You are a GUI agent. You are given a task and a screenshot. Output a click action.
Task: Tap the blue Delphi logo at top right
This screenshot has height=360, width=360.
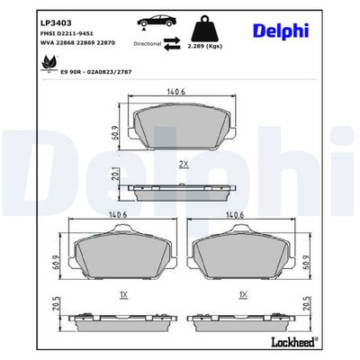pos(281,31)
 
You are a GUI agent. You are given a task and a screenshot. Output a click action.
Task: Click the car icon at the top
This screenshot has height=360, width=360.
pos(157,22)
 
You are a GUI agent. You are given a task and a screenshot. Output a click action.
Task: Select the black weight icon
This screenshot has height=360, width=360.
pos(205,28)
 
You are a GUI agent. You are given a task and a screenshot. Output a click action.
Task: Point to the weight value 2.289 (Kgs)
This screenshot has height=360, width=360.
pos(205,47)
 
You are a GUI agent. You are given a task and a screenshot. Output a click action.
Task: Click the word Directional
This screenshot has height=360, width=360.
pos(148,44)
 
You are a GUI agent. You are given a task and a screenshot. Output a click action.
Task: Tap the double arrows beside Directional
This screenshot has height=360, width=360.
pos(172,43)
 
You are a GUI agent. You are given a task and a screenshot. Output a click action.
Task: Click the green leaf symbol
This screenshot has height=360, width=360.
pos(48,64)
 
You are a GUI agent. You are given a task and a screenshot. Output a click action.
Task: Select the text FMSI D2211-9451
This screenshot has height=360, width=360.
pos(67,33)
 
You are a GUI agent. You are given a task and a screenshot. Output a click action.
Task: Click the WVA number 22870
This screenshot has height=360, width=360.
pos(106,43)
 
